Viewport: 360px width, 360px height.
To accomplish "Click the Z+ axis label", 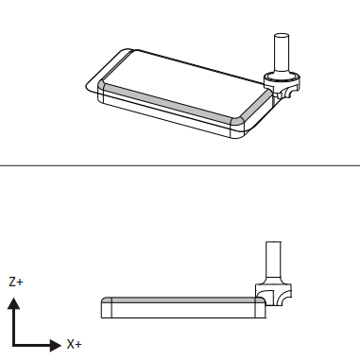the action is click(16, 282).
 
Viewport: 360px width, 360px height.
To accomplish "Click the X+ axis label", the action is click(74, 344).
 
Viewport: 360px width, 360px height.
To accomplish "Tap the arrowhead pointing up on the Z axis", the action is click(13, 303).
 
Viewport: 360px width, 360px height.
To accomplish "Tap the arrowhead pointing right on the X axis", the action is click(56, 345).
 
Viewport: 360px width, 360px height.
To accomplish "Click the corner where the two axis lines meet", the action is click(13, 345).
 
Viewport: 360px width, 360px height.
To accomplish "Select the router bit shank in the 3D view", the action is click(282, 54).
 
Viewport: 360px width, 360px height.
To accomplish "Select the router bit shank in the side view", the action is click(273, 259).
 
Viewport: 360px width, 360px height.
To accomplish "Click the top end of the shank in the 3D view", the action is click(282, 36).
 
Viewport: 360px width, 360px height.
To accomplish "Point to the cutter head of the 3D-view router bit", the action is click(282, 84).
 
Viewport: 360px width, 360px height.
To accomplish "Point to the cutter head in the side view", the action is click(273, 291).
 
